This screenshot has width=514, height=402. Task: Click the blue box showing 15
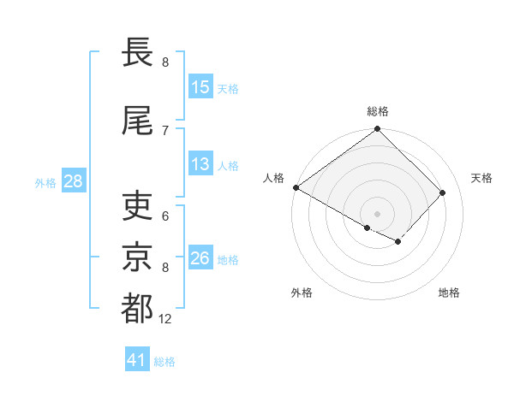[x=200, y=87]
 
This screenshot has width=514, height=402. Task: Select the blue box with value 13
[x=200, y=165]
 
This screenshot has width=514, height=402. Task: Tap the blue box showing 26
[x=200, y=259]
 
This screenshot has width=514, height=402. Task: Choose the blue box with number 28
[x=73, y=182]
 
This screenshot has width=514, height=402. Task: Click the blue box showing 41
[x=138, y=361]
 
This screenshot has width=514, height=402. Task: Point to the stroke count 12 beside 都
[x=165, y=319]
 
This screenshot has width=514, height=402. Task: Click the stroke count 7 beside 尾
[x=165, y=130]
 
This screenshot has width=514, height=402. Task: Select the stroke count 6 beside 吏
[x=165, y=217]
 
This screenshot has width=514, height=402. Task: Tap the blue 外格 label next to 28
[x=45, y=183]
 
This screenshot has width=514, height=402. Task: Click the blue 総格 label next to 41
[x=165, y=362]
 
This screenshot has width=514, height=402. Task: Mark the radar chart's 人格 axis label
[x=274, y=178]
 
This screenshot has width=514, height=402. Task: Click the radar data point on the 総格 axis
[x=377, y=130]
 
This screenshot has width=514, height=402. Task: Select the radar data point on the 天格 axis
[x=443, y=193]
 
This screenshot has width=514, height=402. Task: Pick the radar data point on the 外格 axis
[x=367, y=228]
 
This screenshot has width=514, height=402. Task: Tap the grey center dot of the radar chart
[x=377, y=213]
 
